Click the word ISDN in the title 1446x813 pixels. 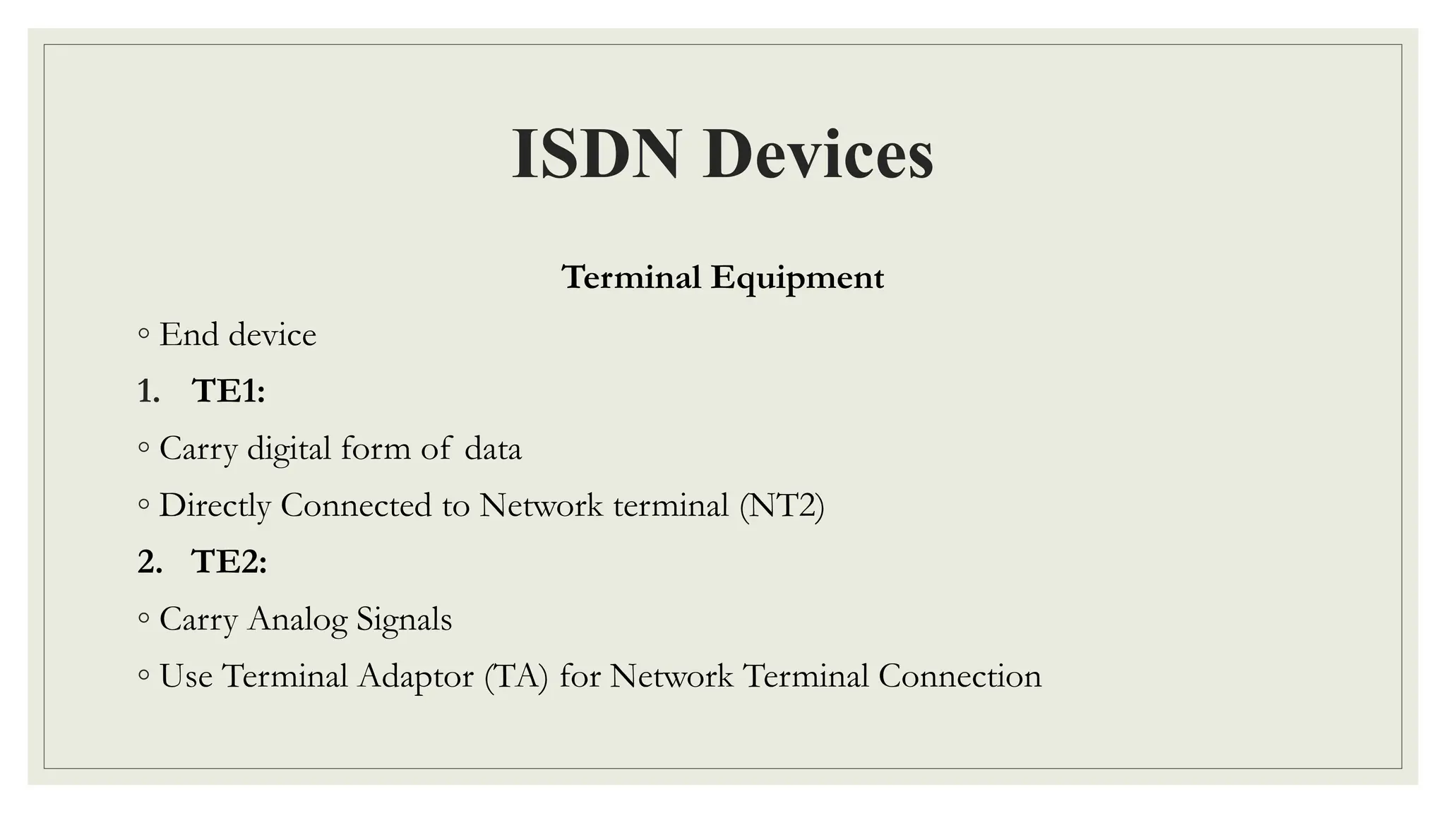(x=596, y=154)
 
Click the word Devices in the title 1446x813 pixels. (x=818, y=154)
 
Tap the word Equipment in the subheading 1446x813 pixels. (x=797, y=277)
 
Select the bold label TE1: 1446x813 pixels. (x=228, y=391)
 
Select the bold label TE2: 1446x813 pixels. (x=229, y=562)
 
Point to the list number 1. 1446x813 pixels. (x=148, y=391)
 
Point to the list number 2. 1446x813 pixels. (x=149, y=562)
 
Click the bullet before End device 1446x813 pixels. (x=144, y=334)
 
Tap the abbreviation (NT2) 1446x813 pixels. (x=782, y=505)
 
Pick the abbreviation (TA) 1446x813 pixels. (x=516, y=676)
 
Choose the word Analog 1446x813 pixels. (x=297, y=620)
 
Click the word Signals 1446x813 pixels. (x=404, y=620)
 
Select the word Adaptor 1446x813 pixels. (x=416, y=676)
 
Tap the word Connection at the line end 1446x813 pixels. (x=960, y=676)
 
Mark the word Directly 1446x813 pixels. (x=215, y=505)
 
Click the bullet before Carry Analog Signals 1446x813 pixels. (x=144, y=619)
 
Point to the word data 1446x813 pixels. (x=493, y=449)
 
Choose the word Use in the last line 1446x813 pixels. (x=186, y=676)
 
